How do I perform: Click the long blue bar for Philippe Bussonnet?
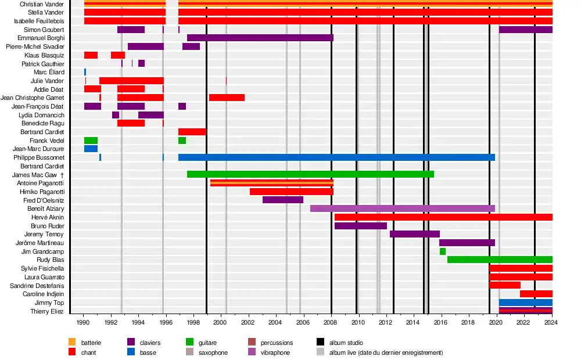[x=336, y=157]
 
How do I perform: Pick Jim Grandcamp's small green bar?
[x=443, y=251]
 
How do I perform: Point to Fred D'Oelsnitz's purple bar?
[x=283, y=200]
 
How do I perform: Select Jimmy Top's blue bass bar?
[x=525, y=303]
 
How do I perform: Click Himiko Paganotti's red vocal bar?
[x=291, y=192]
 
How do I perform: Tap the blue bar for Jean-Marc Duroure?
[x=91, y=149]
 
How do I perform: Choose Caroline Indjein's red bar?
[x=536, y=294]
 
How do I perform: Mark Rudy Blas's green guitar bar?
[x=500, y=260]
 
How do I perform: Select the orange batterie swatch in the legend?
[x=73, y=343]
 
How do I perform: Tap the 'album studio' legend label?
[x=346, y=343]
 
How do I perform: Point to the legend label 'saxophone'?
[x=213, y=352]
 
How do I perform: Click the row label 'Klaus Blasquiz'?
[x=44, y=55]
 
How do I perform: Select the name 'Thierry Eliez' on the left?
[x=47, y=311]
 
